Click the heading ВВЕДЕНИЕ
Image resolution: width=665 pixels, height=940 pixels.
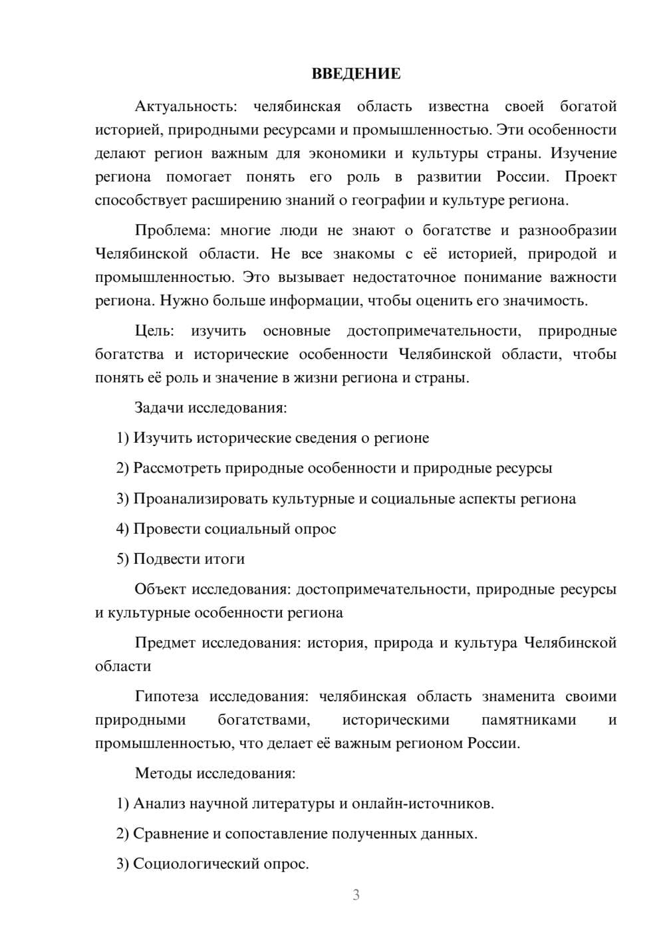tap(356, 74)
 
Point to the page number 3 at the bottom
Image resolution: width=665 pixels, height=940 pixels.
tap(356, 895)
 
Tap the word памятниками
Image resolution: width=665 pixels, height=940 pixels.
tap(528, 720)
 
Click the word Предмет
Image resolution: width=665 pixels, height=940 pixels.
tap(164, 643)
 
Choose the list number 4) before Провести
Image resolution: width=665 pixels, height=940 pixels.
tap(122, 529)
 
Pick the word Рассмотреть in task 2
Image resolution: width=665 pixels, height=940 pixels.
tap(177, 468)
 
